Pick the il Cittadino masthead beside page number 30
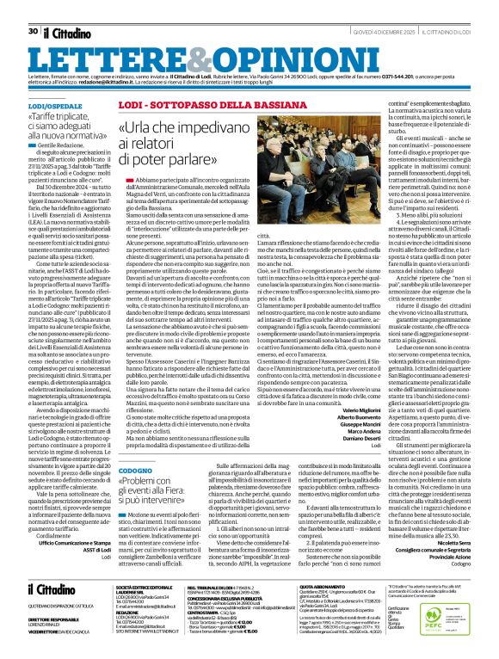click(x=70, y=8)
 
